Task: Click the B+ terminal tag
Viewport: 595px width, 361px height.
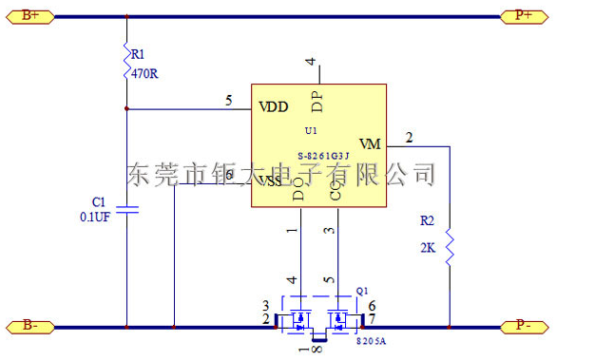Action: coord(30,16)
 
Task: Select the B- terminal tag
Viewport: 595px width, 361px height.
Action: coord(30,326)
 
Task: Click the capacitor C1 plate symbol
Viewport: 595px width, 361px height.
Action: coord(126,209)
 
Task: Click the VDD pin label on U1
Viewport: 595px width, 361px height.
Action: coord(273,106)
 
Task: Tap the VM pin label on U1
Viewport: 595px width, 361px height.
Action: coord(370,144)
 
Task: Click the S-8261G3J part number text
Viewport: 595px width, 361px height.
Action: coord(324,156)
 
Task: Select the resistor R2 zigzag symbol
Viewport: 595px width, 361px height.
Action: coord(449,249)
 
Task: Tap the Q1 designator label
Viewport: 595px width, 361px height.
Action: coord(362,290)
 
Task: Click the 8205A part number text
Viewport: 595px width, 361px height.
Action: coord(372,339)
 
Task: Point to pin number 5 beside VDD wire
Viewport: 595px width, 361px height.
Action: coord(228,100)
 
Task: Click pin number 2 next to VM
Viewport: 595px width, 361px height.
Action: coord(409,138)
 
